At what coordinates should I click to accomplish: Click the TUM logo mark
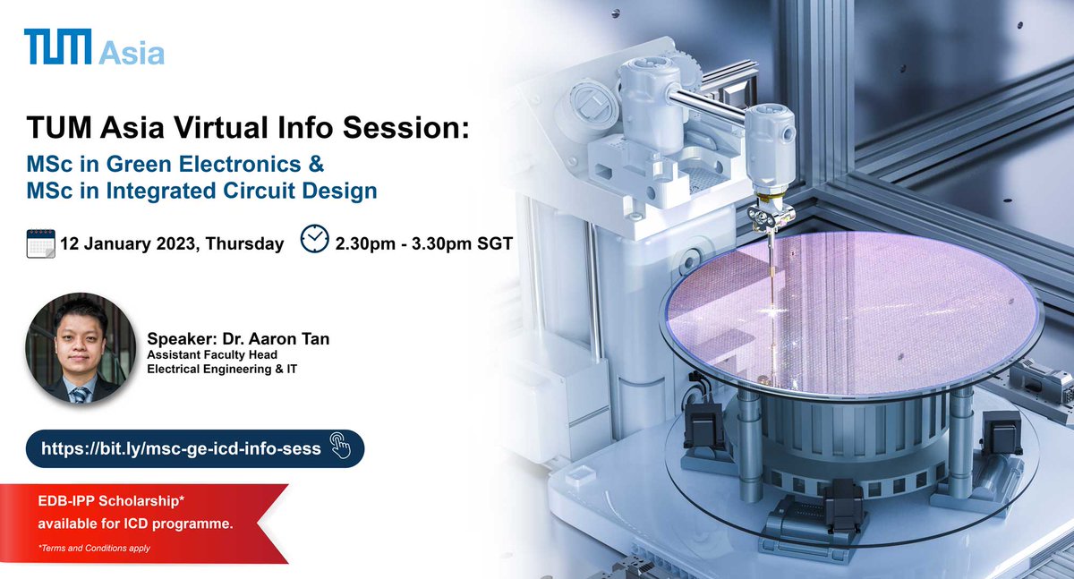tap(57, 46)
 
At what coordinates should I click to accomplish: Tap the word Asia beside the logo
tap(132, 53)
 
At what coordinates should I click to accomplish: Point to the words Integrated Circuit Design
tap(242, 191)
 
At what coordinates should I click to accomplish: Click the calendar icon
tap(41, 244)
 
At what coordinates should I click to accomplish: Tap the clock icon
tap(314, 239)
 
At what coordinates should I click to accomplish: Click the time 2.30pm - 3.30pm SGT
tap(424, 244)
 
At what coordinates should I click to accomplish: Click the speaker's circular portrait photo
tap(81, 347)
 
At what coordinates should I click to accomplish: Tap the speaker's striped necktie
tap(80, 395)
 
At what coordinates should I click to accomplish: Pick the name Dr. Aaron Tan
tap(276, 339)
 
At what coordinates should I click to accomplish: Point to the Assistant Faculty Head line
tap(212, 354)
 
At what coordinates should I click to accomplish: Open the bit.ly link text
tap(181, 449)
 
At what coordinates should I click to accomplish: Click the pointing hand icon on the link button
tap(340, 446)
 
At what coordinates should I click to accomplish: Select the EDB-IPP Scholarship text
tap(111, 501)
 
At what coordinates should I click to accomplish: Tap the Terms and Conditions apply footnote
tap(95, 548)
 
